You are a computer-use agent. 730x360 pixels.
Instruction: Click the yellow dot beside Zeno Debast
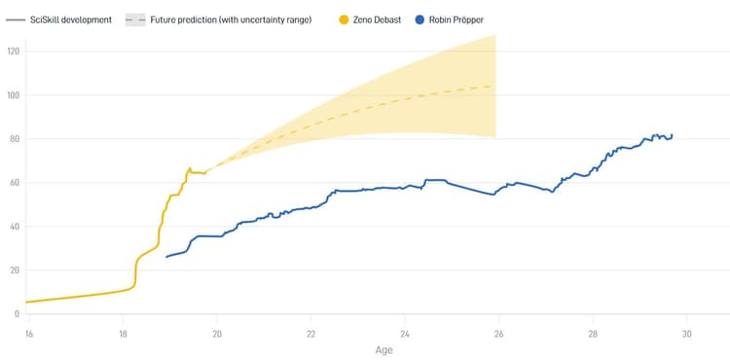click(x=344, y=19)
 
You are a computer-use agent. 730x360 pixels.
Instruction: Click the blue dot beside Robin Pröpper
click(x=419, y=19)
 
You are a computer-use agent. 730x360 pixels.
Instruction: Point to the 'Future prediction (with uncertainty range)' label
click(x=231, y=19)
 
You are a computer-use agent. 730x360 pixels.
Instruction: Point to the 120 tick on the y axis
click(x=13, y=52)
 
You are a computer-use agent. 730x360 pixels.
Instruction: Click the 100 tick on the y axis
click(x=13, y=95)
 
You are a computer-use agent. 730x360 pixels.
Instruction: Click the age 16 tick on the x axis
click(x=29, y=333)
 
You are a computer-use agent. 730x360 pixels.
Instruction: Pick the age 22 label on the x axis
click(x=310, y=333)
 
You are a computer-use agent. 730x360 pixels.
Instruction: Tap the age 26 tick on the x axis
click(x=498, y=333)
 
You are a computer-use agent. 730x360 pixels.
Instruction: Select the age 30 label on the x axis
click(x=686, y=333)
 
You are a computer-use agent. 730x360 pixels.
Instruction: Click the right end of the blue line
click(x=672, y=135)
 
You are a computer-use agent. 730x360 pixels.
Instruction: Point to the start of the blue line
click(x=166, y=257)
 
